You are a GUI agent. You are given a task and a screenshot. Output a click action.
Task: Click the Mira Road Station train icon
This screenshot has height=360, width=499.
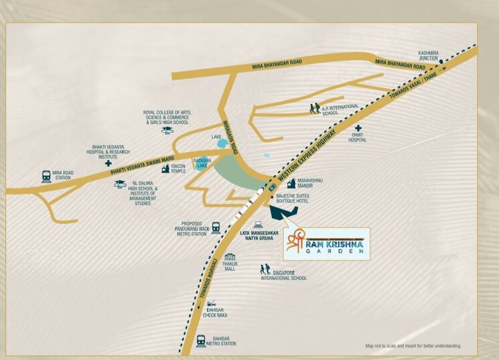coord(46,176)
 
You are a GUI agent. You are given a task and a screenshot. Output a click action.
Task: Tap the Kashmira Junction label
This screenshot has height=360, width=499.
coord(428,56)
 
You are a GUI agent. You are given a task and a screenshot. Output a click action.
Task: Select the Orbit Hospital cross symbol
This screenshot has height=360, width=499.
coord(358,128)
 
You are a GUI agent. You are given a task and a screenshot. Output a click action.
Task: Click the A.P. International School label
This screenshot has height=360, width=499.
coord(340,109)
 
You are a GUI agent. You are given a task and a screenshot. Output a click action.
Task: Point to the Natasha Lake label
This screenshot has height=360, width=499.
coord(203,162)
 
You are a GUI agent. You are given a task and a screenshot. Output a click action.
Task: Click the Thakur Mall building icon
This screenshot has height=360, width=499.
coord(230,257)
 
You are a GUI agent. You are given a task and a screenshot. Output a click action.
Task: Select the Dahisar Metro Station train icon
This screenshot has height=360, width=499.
coord(200,340)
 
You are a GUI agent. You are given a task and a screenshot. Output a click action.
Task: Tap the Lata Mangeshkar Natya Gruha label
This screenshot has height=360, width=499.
coord(257,235)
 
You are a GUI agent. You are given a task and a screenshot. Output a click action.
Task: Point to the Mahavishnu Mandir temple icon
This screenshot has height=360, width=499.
coord(291,183)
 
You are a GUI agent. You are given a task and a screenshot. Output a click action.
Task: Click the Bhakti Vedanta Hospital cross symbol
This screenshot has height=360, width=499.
coord(108,163)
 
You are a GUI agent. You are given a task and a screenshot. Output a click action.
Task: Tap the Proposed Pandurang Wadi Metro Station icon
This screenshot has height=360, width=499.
coord(216,228)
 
